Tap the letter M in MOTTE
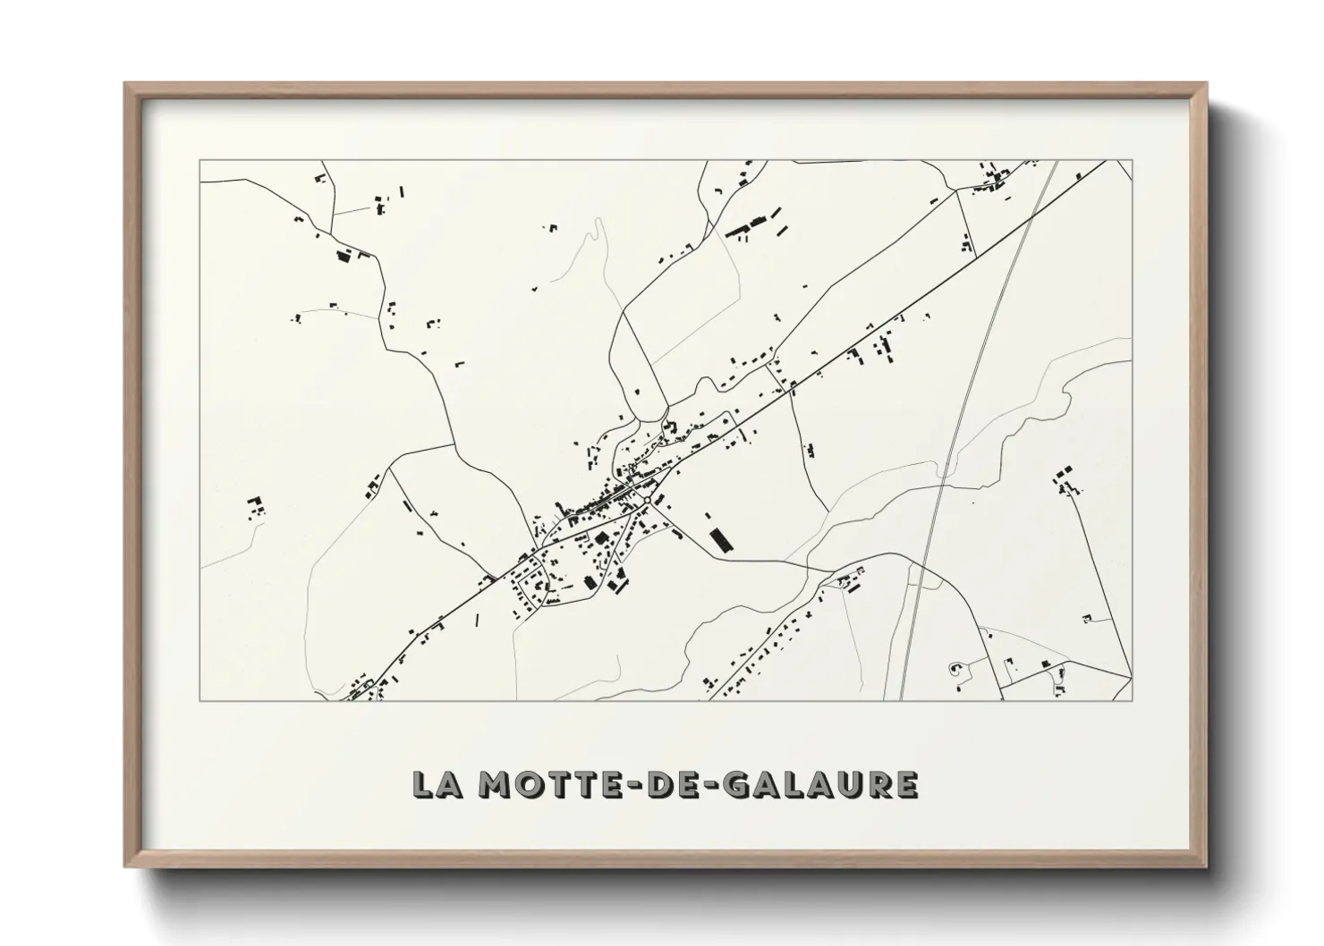coord(495,785)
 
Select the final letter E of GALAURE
coord(906,785)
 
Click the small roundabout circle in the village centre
coord(647,500)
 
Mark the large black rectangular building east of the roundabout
coord(718,539)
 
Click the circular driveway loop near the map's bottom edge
coord(955,667)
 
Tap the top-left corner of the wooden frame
coord(126,84)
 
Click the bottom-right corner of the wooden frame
coord(1205,866)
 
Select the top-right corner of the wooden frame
coord(1205,84)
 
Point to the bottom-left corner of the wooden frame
coord(126,866)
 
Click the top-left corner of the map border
coord(199,160)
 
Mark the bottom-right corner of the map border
coord(1133,700)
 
